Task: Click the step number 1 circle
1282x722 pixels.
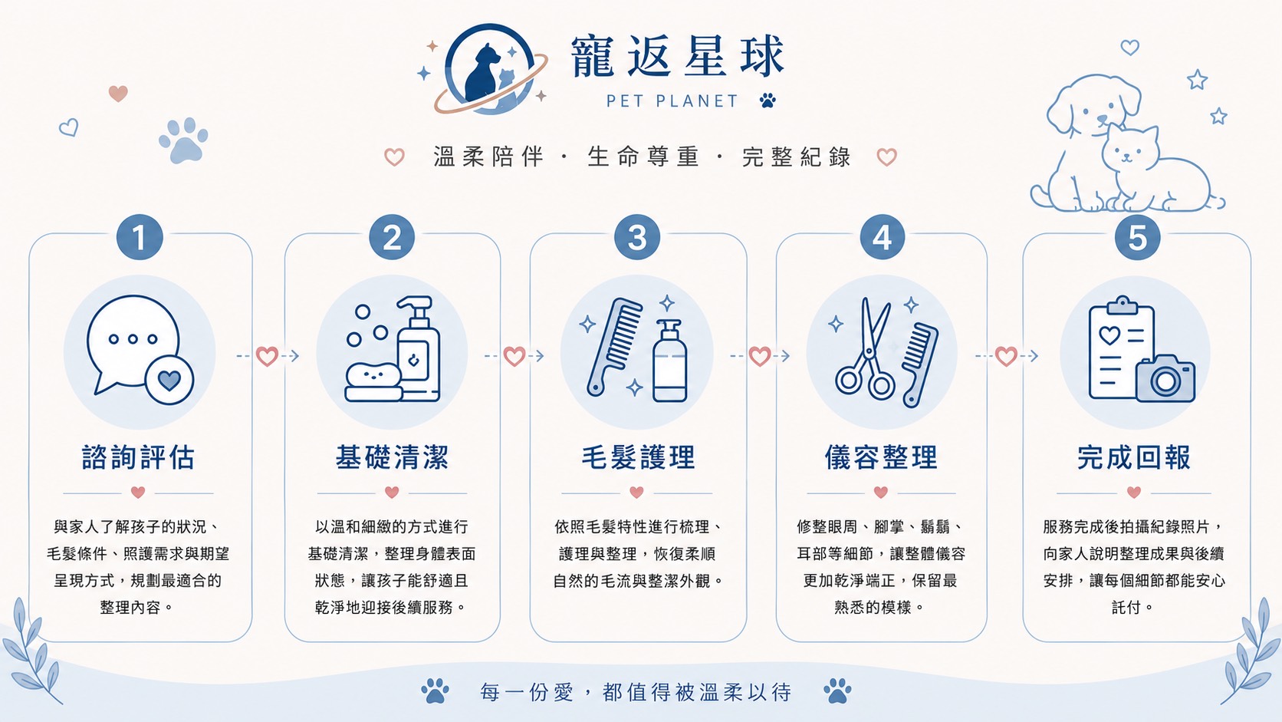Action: (139, 237)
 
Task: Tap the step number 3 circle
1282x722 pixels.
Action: (637, 237)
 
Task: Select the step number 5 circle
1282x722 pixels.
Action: (1137, 237)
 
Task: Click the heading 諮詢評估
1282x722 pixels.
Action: (139, 457)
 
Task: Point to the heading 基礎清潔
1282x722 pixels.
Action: (392, 457)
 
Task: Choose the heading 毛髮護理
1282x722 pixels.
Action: (638, 457)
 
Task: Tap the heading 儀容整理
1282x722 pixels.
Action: (882, 457)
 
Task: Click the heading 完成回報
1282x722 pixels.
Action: (1134, 457)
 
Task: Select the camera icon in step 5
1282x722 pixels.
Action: (1165, 378)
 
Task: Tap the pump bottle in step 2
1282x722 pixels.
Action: (419, 348)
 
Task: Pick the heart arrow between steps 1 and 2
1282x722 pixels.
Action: (268, 356)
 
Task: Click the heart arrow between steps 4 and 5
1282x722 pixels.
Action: (1006, 356)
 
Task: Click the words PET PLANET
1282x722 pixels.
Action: (672, 101)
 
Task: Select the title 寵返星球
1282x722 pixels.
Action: (678, 56)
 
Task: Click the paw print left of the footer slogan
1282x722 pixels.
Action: (435, 691)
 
